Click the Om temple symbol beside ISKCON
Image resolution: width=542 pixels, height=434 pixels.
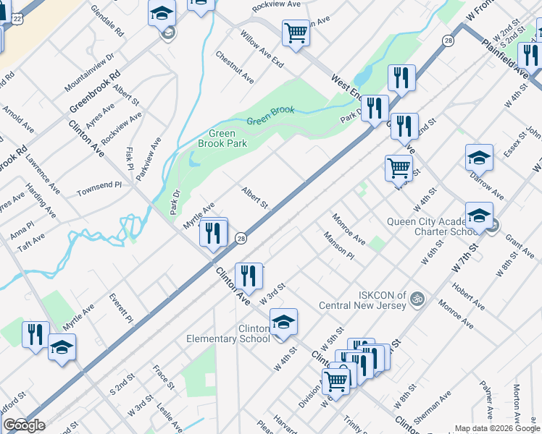pyautogui.click(x=416, y=297)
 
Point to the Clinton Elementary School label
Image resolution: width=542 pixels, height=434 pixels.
pyautogui.click(x=229, y=333)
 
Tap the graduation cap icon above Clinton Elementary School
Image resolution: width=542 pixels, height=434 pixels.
pyautogui.click(x=283, y=321)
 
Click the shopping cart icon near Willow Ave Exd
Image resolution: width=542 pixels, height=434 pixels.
pyautogui.click(x=296, y=33)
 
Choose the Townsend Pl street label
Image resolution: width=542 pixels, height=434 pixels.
pyautogui.click(x=99, y=185)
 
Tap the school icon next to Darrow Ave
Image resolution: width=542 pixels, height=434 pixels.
pyautogui.click(x=479, y=158)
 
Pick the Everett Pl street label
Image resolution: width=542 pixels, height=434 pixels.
pyautogui.click(x=120, y=307)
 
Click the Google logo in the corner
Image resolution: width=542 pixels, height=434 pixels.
pyautogui.click(x=23, y=425)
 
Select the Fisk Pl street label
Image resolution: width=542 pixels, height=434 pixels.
pyautogui.click(x=130, y=154)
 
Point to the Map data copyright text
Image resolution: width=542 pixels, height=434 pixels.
pyautogui.click(x=497, y=428)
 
